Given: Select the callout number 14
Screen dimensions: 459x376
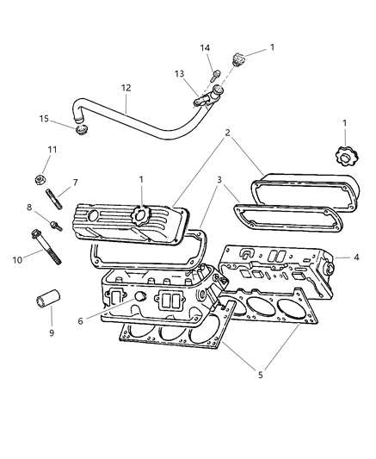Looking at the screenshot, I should tap(205, 47).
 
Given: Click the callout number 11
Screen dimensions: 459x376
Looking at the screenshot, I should tap(51, 150).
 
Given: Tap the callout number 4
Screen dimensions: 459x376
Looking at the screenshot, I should tap(354, 257).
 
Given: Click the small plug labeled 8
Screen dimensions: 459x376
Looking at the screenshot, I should tap(54, 226).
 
